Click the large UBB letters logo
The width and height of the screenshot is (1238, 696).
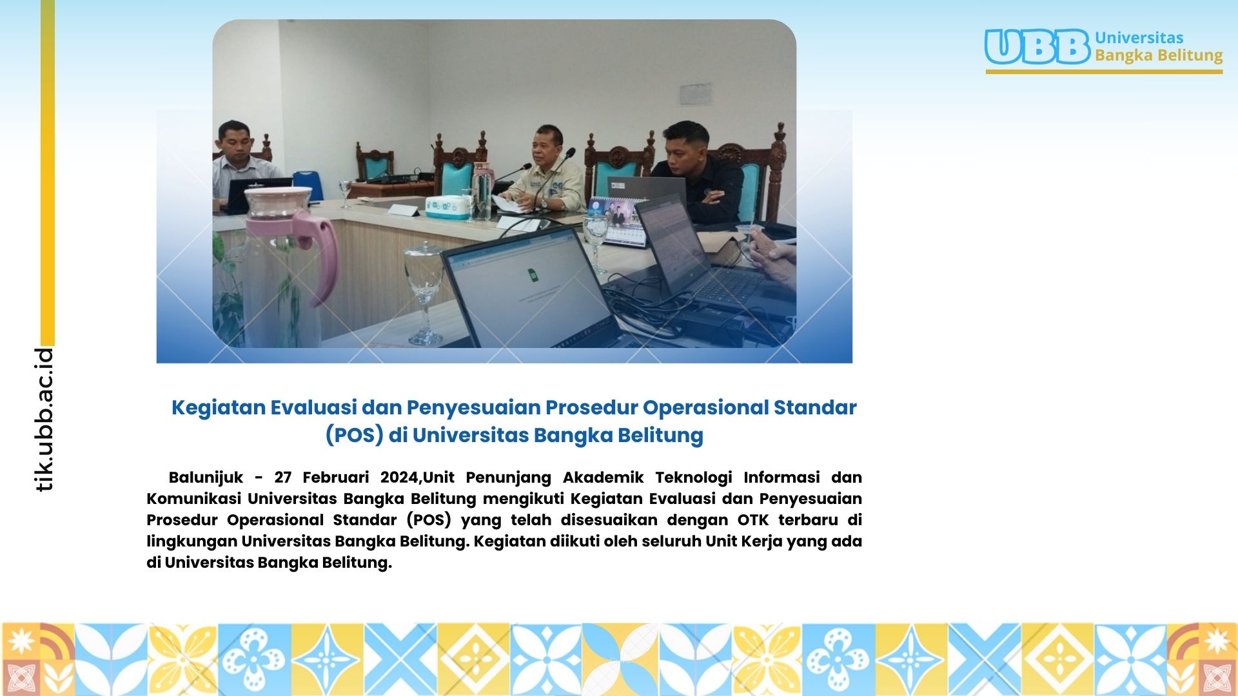click(1037, 47)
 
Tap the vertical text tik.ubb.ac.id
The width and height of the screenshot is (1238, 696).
click(44, 420)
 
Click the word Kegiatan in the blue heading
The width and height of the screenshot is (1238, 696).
click(219, 408)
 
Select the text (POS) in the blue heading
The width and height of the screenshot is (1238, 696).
click(354, 436)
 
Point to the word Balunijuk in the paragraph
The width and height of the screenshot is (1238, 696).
click(206, 478)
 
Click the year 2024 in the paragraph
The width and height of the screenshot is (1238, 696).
click(399, 478)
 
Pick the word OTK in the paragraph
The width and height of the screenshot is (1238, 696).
click(753, 520)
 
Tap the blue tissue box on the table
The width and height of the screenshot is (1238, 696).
click(447, 207)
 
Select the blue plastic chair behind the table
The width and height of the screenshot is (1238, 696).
click(308, 185)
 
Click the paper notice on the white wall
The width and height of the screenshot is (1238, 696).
click(696, 94)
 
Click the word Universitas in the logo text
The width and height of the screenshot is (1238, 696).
click(1139, 38)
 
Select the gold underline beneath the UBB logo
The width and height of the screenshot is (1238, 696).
click(1104, 72)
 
